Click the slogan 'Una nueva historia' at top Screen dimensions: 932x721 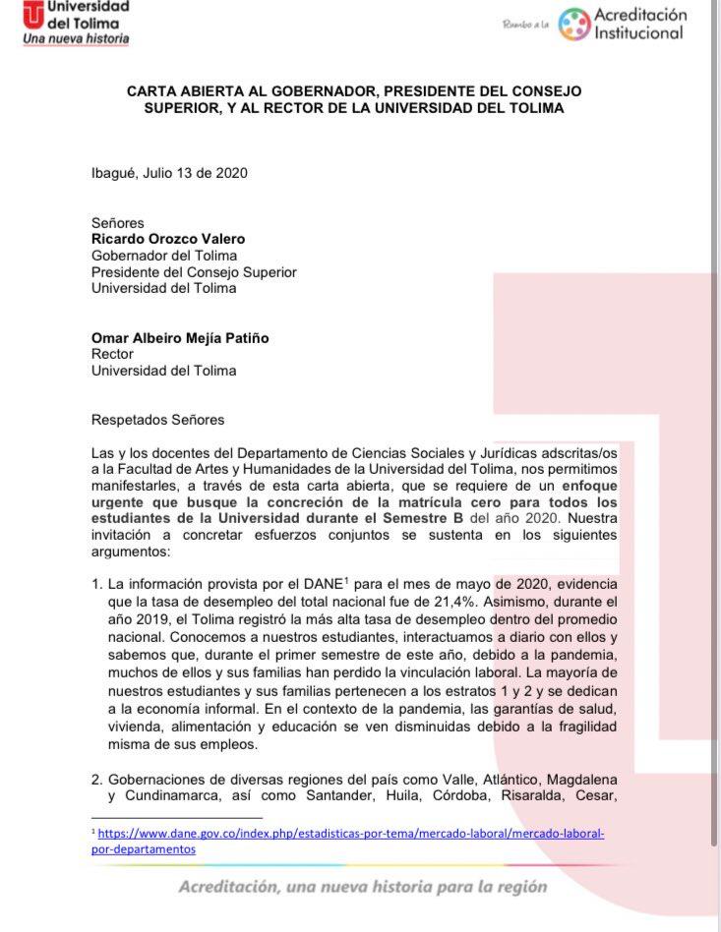coord(76,39)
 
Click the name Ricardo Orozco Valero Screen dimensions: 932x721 coord(168,239)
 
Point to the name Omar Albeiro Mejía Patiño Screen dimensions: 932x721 coord(180,338)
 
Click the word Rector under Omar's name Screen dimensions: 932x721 coord(112,354)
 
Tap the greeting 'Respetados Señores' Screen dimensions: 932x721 coord(157,420)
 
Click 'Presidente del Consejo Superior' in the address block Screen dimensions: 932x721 coord(194,272)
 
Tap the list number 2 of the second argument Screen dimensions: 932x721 coord(96,777)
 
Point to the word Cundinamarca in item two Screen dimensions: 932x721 coord(172,794)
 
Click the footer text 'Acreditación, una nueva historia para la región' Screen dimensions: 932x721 coord(362,887)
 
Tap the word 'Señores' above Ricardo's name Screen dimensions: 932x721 coord(117,223)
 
